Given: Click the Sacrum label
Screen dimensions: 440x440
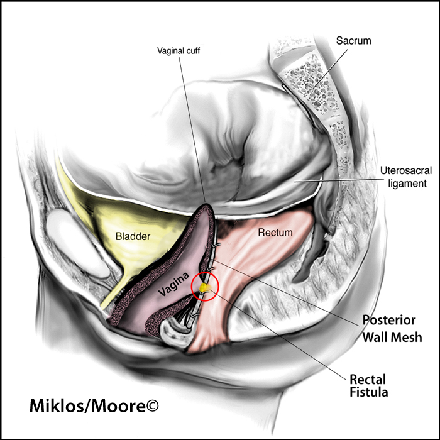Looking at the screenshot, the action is [x=353, y=41].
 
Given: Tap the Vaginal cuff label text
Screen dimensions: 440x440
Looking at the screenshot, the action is [x=179, y=51].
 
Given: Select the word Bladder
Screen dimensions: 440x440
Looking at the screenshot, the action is [x=133, y=236].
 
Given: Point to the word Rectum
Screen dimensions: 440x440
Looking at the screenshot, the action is [x=275, y=233].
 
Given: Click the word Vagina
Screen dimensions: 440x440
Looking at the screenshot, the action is [x=173, y=284].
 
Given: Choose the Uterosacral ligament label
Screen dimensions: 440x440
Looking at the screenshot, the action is [x=406, y=177].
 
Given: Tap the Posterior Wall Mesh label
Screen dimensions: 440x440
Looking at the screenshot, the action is [x=392, y=329].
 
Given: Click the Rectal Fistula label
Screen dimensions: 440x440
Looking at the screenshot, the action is [x=369, y=386].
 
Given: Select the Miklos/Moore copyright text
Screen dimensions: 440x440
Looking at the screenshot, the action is [x=94, y=406].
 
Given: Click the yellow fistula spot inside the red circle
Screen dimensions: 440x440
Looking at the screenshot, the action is [x=204, y=287].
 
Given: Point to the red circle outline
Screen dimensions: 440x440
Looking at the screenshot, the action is [x=191, y=287].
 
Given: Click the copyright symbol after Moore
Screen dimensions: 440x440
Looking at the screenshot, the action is [x=152, y=405].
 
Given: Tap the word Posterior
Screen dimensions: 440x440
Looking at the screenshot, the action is [x=389, y=320].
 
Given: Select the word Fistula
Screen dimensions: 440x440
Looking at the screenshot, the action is [x=369, y=392].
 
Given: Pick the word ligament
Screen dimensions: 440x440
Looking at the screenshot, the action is [x=407, y=184].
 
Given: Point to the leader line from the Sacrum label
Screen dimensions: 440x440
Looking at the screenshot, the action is [x=330, y=69].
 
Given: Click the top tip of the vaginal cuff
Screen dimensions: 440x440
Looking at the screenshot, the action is [x=206, y=204].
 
